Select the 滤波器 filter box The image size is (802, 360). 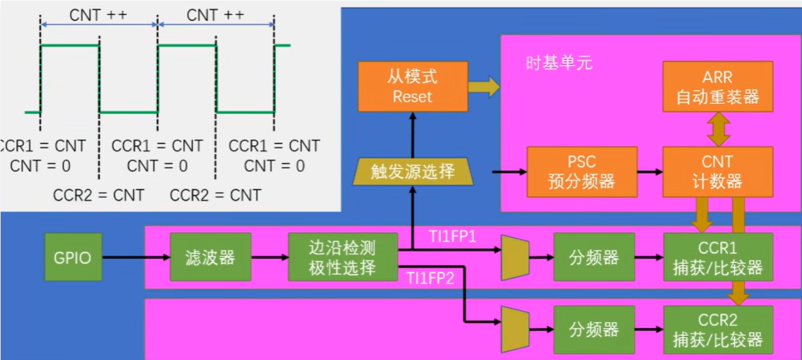[x=210, y=257]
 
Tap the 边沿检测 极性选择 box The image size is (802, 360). [x=343, y=257]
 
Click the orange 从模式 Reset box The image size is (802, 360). [x=413, y=87]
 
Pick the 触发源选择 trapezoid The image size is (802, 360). [x=413, y=171]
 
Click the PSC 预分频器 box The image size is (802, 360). [x=582, y=171]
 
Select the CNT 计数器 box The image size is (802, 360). [x=718, y=171]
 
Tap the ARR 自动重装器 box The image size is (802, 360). [x=718, y=87]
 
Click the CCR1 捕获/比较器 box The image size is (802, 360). [x=718, y=257]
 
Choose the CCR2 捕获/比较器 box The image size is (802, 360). [x=718, y=330]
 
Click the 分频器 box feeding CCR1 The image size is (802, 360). [x=594, y=257]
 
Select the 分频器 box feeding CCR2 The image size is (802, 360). [x=594, y=330]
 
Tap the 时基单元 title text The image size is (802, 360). [x=559, y=63]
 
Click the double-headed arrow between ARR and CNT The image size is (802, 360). [x=718, y=130]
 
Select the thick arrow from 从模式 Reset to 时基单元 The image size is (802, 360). [x=483, y=87]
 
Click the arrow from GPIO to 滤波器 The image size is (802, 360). [x=136, y=257]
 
